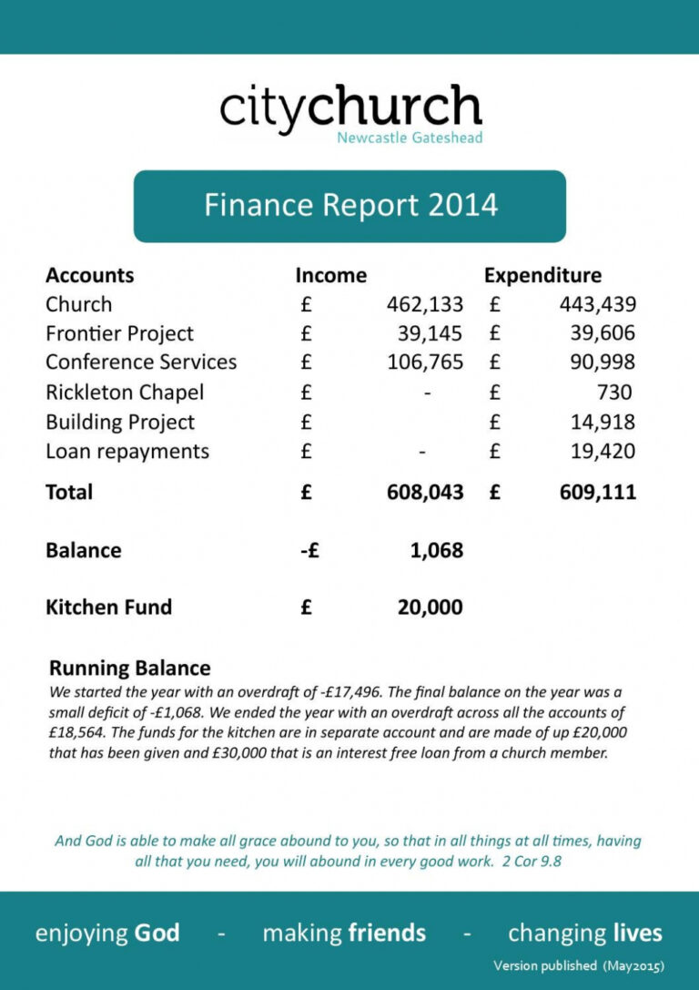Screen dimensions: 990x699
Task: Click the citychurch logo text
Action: tap(349, 108)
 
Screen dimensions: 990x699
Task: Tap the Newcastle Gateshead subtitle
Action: tap(410, 138)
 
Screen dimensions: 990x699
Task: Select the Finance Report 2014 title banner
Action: tap(349, 205)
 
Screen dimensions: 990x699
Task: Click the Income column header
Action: tap(330, 275)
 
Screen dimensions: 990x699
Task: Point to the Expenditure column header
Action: tap(542, 275)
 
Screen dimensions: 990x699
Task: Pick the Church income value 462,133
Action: tap(425, 304)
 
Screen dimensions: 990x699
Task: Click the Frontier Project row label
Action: tap(119, 333)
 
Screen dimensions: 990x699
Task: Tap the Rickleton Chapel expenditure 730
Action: tap(614, 393)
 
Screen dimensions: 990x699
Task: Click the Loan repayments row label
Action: tap(127, 452)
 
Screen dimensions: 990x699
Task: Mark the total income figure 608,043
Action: tap(425, 493)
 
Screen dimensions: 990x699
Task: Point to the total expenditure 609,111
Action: tap(597, 493)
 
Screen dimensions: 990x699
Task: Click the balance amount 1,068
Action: tap(436, 550)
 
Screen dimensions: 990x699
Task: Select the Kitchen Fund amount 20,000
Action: tap(430, 607)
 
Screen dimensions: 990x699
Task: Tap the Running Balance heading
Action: tap(129, 669)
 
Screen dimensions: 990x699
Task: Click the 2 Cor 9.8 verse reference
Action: tap(532, 860)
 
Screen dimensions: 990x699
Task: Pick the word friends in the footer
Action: tap(387, 934)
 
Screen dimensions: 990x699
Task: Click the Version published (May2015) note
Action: tap(578, 965)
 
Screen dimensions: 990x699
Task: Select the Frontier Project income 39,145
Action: tap(430, 333)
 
